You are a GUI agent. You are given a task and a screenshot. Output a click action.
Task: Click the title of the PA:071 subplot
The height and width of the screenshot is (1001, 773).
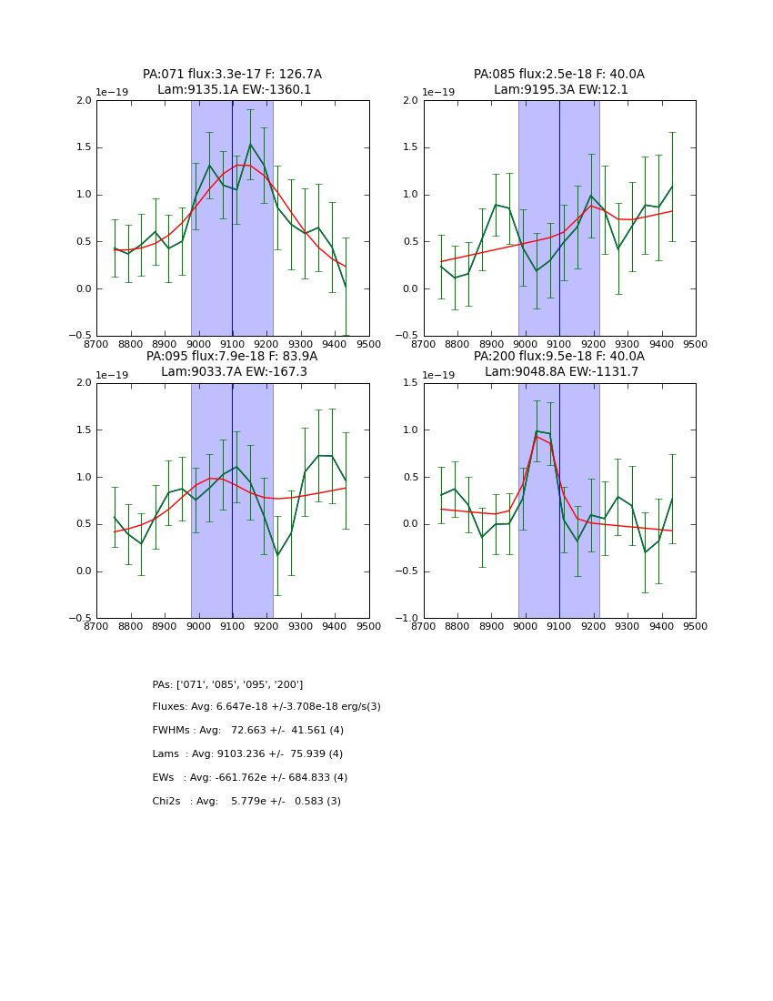[x=232, y=82]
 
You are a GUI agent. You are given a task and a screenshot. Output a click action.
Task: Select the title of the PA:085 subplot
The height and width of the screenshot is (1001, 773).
[x=559, y=82]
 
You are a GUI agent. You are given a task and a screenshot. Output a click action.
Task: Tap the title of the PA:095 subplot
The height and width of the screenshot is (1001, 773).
[x=232, y=364]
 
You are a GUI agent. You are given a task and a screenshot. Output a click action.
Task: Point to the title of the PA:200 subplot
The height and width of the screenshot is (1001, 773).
[x=559, y=364]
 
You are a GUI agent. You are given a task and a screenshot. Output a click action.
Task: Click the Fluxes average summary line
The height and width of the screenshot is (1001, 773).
[x=266, y=707]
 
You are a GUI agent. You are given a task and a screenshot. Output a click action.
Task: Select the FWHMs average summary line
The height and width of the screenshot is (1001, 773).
[x=247, y=731]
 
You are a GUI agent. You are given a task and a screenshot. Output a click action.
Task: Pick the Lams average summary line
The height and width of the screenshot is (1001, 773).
[x=247, y=754]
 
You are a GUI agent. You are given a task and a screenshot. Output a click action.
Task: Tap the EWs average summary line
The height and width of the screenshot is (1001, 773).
[x=249, y=778]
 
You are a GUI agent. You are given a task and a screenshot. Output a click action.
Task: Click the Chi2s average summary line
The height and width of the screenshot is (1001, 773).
[x=246, y=802]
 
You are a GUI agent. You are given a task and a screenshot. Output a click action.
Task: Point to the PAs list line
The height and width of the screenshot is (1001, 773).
[x=227, y=684]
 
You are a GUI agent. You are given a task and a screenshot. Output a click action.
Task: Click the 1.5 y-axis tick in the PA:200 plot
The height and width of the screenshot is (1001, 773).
[x=410, y=383]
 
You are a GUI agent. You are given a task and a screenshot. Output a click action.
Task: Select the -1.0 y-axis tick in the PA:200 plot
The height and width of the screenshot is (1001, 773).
[x=407, y=619]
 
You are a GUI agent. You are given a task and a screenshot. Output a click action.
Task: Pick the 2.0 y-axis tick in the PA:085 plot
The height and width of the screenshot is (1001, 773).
[x=410, y=101]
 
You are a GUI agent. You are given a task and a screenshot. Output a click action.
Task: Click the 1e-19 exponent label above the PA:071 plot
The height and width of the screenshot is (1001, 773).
[x=114, y=93]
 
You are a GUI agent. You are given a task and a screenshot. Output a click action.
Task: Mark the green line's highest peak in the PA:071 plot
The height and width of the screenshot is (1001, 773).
[x=251, y=144]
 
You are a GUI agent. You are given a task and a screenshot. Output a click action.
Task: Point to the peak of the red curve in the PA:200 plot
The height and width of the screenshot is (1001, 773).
[x=537, y=437]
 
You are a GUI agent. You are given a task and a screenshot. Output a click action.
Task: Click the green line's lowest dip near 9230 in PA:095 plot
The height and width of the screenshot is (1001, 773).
[x=277, y=556]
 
